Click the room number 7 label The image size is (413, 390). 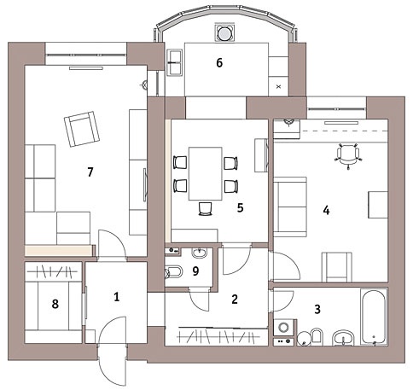pyautogui.click(x=90, y=172)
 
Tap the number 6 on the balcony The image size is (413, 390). pyautogui.click(x=219, y=63)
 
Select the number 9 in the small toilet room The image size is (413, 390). pyautogui.click(x=195, y=271)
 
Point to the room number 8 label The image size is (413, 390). pyautogui.click(x=55, y=304)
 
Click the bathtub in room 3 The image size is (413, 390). pyautogui.click(x=375, y=317)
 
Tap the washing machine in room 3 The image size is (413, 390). pyautogui.click(x=283, y=328)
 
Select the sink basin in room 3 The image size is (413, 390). pyautogui.click(x=344, y=338)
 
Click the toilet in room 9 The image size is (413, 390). pyautogui.click(x=173, y=271)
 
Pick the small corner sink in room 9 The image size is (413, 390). pyautogui.click(x=200, y=253)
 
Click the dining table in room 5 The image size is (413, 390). pyautogui.click(x=206, y=173)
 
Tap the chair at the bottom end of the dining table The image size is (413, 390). pyautogui.click(x=205, y=209)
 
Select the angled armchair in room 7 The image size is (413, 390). pyautogui.click(x=82, y=129)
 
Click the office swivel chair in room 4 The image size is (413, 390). pyautogui.click(x=348, y=156)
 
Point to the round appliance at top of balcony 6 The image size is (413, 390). pyautogui.click(x=224, y=33)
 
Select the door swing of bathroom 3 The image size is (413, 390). pyautogui.click(x=283, y=301)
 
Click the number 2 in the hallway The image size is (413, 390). pyautogui.click(x=235, y=300)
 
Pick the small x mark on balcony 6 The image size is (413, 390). pyautogui.click(x=278, y=86)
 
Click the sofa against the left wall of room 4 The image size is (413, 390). pyautogui.click(x=290, y=207)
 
